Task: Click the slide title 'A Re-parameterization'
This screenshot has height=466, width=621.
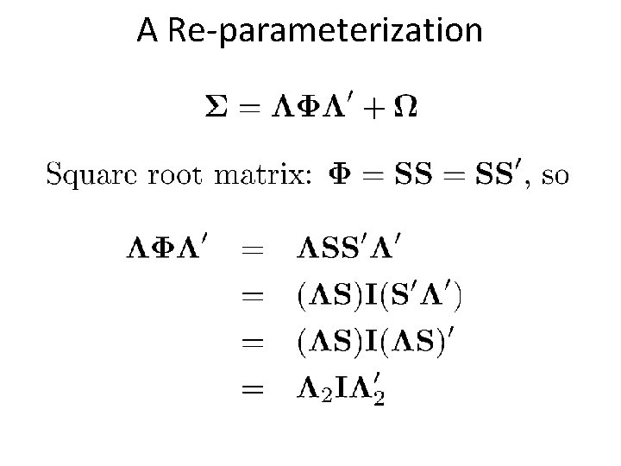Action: pos(310,32)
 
